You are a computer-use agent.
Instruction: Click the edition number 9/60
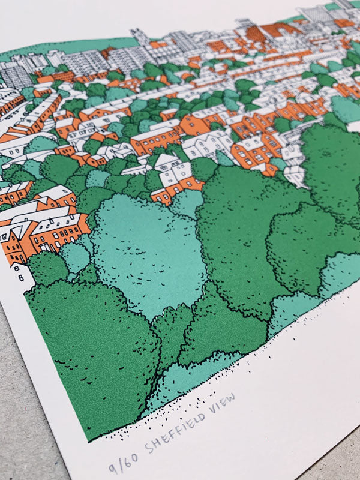(x=122, y=464)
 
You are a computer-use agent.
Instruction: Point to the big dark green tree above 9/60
(x=90, y=354)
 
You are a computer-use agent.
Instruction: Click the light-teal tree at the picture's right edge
(x=345, y=108)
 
